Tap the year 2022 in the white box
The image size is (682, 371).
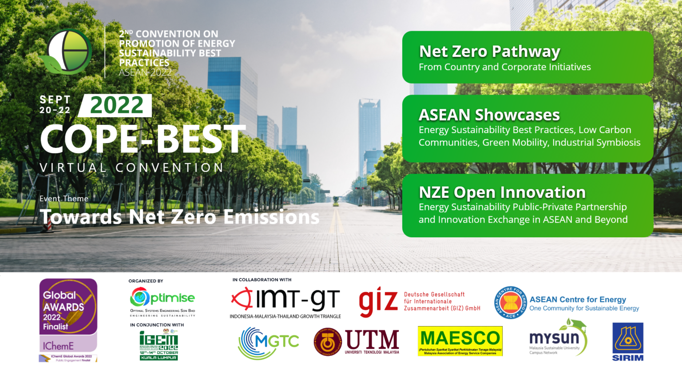(x=116, y=105)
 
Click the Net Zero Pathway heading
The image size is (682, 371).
(x=489, y=52)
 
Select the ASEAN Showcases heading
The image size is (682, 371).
(x=489, y=115)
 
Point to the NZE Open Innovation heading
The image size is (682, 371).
(x=502, y=192)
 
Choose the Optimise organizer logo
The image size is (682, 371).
(x=163, y=298)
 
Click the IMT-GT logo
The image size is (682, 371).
(x=285, y=300)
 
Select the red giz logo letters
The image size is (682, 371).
(x=378, y=301)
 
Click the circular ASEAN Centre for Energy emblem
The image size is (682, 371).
(x=511, y=303)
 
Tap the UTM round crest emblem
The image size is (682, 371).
(x=328, y=342)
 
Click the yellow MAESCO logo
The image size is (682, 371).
(x=460, y=341)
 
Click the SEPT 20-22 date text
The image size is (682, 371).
(x=55, y=105)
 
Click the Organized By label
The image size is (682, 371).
(x=146, y=281)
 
